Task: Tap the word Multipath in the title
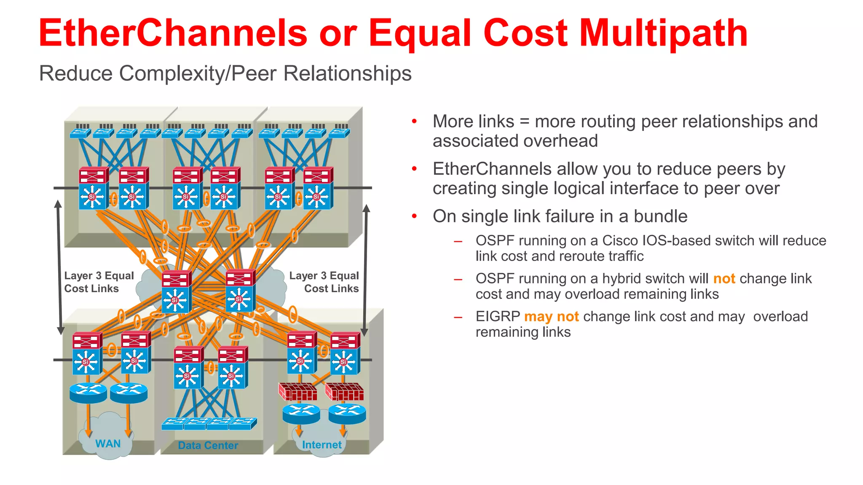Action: tap(663, 34)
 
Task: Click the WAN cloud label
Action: tap(108, 444)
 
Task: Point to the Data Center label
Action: tap(208, 445)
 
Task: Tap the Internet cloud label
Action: tap(322, 445)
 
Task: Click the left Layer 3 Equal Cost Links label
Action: tap(99, 282)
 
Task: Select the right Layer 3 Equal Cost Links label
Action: tap(324, 282)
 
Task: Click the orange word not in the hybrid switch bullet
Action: tap(724, 279)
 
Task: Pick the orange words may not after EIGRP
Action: tap(551, 317)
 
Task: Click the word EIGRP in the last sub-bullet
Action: tap(498, 317)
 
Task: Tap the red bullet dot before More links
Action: tap(414, 122)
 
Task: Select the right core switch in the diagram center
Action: tap(240, 290)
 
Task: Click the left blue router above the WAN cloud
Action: tap(88, 392)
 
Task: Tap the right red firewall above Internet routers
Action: tap(344, 392)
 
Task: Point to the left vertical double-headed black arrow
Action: tap(59, 267)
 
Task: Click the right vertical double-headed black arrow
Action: tap(366, 269)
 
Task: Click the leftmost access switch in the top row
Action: tap(80, 133)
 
